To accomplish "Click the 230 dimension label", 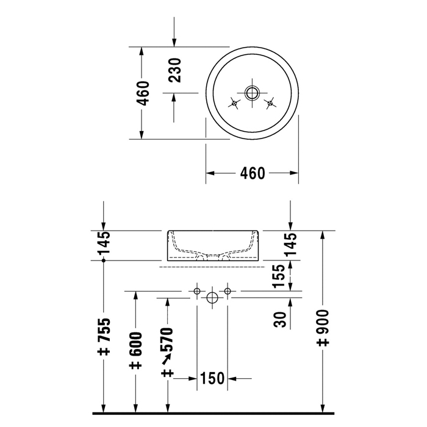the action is click(x=174, y=70).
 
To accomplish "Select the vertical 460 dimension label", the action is click(x=143, y=93).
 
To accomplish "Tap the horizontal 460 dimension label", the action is click(x=253, y=173).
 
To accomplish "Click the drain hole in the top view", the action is click(x=252, y=93).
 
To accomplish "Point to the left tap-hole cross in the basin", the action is click(x=234, y=103).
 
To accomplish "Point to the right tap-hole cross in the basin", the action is click(x=270, y=103).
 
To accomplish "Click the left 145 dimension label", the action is click(x=104, y=243).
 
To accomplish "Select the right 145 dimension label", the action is click(x=290, y=244).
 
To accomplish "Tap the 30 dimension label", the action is click(x=280, y=320).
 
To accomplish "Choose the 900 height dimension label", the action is click(x=323, y=328).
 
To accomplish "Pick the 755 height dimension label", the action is click(x=104, y=337).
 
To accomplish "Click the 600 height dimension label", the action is click(x=135, y=351).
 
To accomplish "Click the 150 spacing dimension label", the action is click(x=212, y=378).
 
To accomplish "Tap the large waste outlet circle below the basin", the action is click(x=212, y=298).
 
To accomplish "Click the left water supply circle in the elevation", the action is click(x=197, y=291).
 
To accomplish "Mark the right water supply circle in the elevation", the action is click(x=228, y=291).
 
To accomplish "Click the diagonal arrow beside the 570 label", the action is click(x=167, y=359).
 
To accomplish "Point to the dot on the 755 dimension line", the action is click(x=104, y=260).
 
